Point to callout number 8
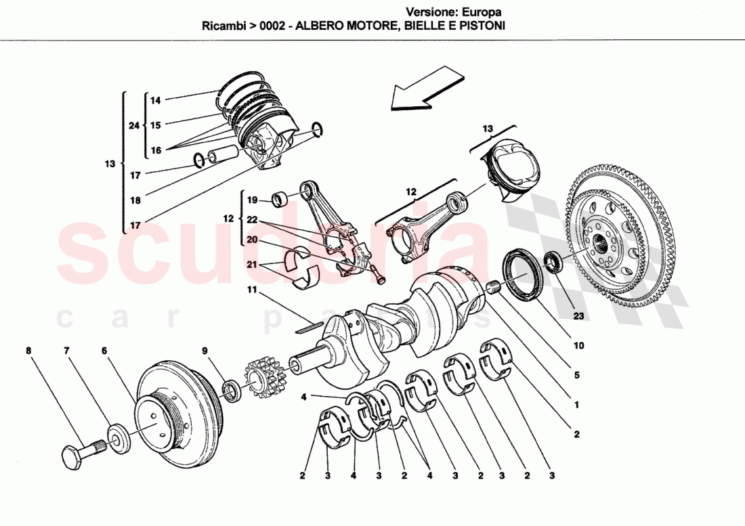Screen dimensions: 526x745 (x=28, y=351)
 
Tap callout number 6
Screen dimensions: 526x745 (x=104, y=351)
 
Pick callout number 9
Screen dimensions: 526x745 (x=204, y=351)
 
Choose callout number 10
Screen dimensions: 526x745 (x=578, y=345)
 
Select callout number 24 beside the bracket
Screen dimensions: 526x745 (x=133, y=125)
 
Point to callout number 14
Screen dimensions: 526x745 (x=156, y=101)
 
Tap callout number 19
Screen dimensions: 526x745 (x=252, y=200)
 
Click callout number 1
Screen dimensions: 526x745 (x=576, y=406)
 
